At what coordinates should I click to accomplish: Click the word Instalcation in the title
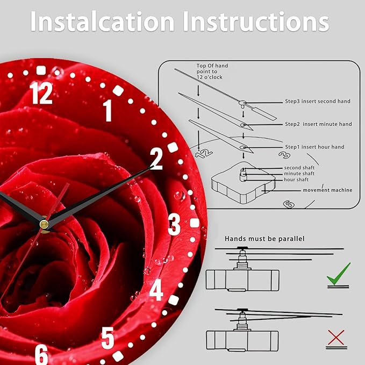click(x=103, y=21)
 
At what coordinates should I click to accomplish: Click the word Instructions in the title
click(x=256, y=21)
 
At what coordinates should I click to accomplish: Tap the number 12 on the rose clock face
click(x=41, y=93)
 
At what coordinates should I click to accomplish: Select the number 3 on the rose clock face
click(x=174, y=224)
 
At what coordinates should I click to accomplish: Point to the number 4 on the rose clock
click(x=156, y=290)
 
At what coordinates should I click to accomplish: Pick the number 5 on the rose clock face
click(x=108, y=338)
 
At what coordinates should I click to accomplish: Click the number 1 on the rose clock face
click(x=108, y=111)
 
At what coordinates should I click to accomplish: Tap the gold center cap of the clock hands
click(x=44, y=224)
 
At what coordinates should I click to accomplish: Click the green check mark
click(x=339, y=274)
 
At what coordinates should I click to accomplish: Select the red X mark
click(x=336, y=337)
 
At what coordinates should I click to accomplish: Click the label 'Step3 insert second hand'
click(x=318, y=101)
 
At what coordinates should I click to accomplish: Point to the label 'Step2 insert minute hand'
click(x=318, y=124)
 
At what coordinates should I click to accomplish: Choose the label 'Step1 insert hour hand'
click(x=314, y=147)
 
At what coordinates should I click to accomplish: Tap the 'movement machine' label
click(x=327, y=190)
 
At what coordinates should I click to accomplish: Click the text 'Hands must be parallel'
click(x=264, y=239)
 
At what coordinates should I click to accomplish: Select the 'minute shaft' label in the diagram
click(x=299, y=174)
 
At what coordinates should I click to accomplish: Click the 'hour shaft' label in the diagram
click(x=296, y=180)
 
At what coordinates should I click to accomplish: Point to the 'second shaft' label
click(x=299, y=168)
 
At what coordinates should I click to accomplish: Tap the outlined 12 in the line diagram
click(x=203, y=153)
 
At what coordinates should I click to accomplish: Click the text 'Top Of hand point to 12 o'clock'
click(x=212, y=71)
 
